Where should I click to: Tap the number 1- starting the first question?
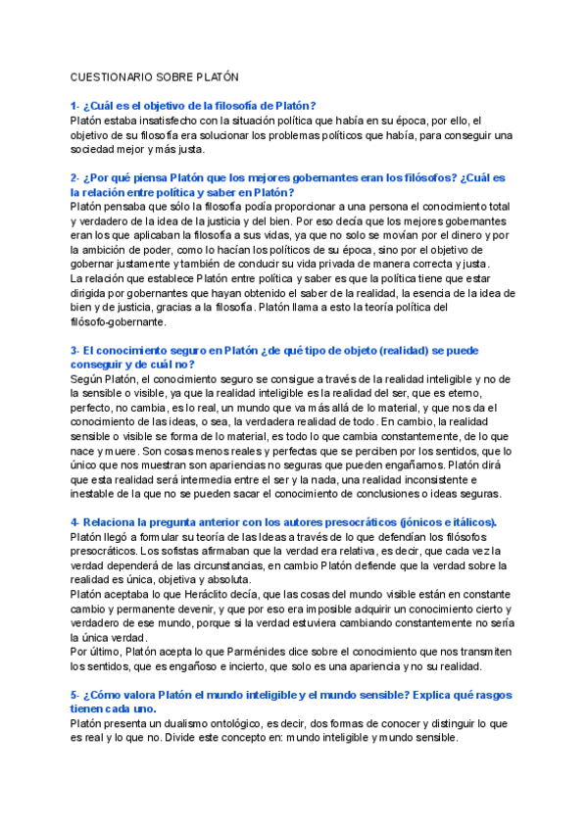point(75,106)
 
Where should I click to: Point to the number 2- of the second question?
point(75,178)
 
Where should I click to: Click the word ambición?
point(112,252)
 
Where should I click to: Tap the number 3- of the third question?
point(75,350)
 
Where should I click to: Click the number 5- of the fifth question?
point(75,694)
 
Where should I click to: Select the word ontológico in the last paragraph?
point(246,724)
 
